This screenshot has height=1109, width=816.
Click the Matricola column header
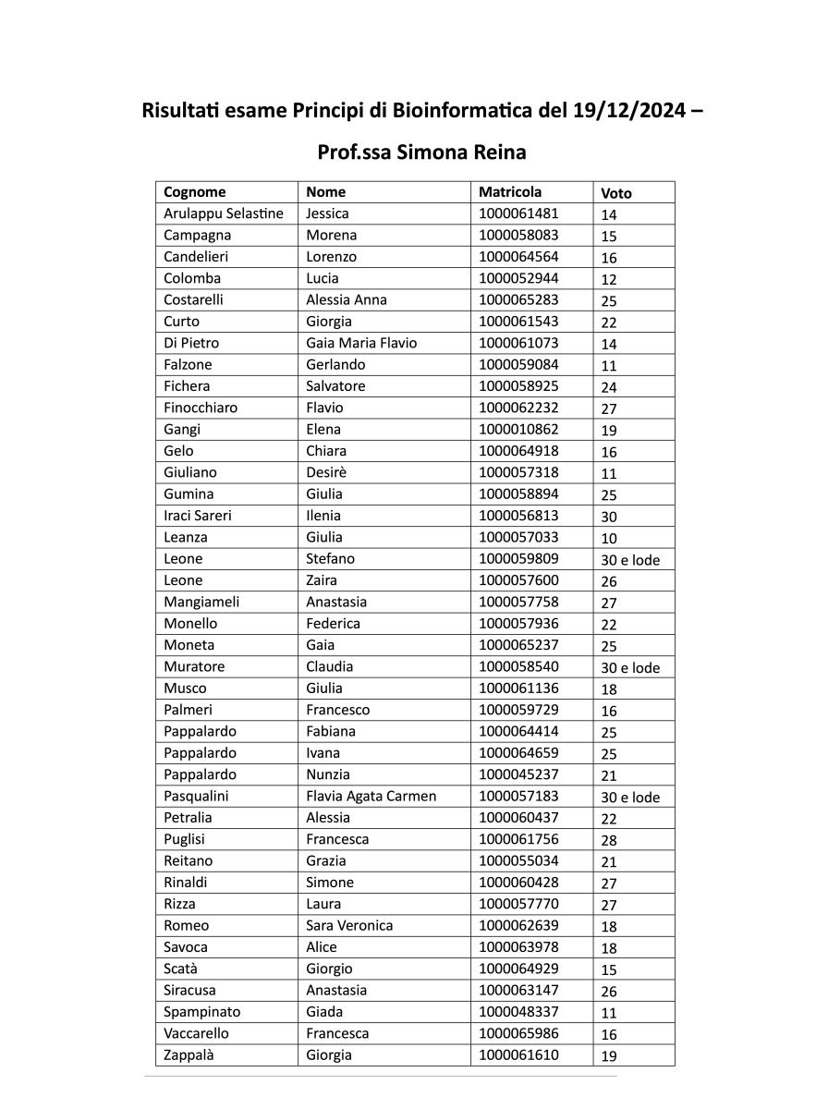coord(510,192)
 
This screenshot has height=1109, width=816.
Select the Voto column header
coord(616,193)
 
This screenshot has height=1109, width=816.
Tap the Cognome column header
coord(195,192)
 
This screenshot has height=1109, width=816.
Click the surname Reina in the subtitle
coord(499,152)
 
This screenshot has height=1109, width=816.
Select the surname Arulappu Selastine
coord(224,213)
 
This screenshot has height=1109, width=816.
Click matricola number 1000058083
coord(518,235)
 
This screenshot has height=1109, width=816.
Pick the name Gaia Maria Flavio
coord(361,343)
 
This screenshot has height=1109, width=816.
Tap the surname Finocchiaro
coord(201,408)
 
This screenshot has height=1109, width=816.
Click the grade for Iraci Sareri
coord(609,517)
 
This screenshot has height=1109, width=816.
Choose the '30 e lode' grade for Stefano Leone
coord(630,560)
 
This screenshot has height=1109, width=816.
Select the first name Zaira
coord(322,580)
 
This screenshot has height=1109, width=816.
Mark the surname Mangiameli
coord(201,602)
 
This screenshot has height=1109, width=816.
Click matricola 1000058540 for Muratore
coord(518,666)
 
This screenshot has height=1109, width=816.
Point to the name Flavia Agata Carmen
coord(371,796)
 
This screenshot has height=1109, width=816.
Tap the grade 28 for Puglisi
coord(609,840)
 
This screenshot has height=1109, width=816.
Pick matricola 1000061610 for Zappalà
coord(518,1054)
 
